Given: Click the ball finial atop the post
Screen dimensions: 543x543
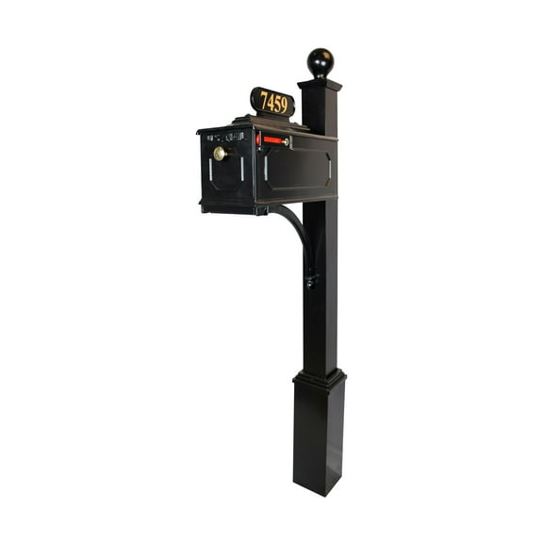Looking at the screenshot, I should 321,62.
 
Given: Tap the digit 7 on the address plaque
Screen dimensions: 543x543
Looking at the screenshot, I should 264,101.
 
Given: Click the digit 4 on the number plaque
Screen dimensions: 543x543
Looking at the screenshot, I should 271,102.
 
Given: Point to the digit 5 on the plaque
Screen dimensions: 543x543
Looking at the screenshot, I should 278,104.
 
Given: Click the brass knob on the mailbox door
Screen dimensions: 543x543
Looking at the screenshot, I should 220,154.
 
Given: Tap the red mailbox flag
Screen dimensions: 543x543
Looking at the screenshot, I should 272,140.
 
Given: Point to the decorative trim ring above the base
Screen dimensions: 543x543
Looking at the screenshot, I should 319,378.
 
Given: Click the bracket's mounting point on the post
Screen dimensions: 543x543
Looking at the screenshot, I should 310,279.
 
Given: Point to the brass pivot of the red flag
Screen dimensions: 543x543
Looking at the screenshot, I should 288,142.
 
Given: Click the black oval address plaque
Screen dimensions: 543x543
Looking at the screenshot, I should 272,102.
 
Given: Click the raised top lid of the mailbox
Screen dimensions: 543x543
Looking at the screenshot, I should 269,125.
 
